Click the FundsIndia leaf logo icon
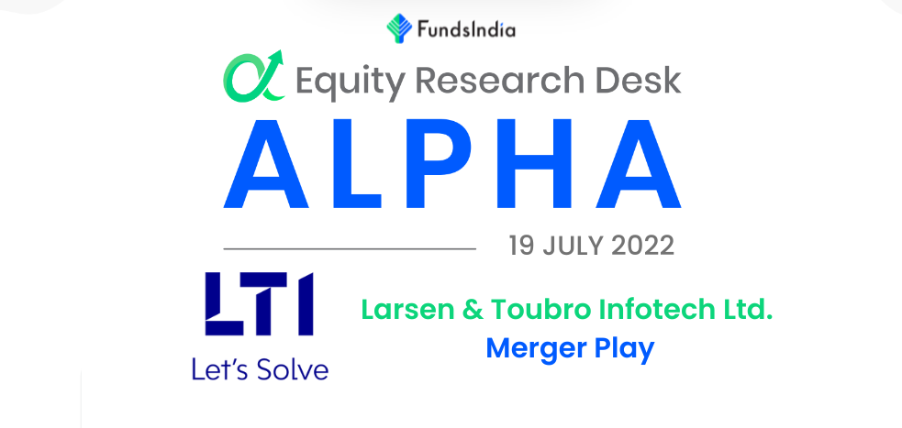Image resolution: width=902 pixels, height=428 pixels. (x=399, y=28)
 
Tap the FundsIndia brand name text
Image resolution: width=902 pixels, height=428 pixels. (x=466, y=29)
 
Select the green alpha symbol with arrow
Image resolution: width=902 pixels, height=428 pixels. (x=253, y=76)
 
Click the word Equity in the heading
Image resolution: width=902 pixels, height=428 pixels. (x=350, y=82)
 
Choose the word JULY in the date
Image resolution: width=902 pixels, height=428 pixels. (x=573, y=247)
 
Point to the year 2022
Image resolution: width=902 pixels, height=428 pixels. (x=641, y=247)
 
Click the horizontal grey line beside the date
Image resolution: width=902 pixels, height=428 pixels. (x=350, y=248)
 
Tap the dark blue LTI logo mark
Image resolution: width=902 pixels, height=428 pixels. (x=260, y=304)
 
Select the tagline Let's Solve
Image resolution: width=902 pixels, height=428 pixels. (x=260, y=369)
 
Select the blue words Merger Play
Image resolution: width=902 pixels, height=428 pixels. (x=570, y=348)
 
